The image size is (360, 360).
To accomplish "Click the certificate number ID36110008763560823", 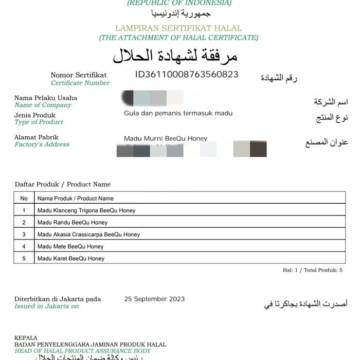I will click(x=187, y=75).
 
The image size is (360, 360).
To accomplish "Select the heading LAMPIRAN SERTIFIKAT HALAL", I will click(x=178, y=28).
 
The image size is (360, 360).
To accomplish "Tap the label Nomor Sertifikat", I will click(x=79, y=75).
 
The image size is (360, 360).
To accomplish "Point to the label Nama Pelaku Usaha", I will click(x=46, y=98).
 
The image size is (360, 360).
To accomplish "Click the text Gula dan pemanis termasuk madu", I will click(x=178, y=113).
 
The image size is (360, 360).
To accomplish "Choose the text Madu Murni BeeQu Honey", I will click(x=166, y=138).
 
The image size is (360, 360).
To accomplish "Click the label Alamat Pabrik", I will click(x=37, y=137).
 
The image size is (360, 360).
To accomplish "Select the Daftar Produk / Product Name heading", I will click(x=63, y=184).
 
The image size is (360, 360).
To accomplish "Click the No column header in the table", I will click(x=24, y=199).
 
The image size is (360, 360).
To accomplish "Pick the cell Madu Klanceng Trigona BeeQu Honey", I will click(x=86, y=210).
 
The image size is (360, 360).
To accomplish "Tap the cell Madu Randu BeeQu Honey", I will click(x=73, y=223).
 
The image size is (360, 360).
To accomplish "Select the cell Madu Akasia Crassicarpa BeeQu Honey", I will click(x=88, y=235).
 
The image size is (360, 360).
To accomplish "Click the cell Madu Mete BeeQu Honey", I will click(x=70, y=246).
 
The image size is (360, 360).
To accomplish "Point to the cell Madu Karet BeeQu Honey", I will click(x=71, y=259).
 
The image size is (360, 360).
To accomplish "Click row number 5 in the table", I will click(x=24, y=259).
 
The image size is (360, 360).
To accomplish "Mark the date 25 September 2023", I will click(x=154, y=299).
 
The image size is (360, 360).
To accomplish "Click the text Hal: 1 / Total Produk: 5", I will click(x=312, y=270).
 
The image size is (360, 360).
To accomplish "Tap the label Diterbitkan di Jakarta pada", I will click(x=58, y=299).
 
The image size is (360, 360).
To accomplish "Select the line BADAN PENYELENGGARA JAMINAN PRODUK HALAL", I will click(x=90, y=345).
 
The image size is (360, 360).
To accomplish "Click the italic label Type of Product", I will click(x=39, y=122).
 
